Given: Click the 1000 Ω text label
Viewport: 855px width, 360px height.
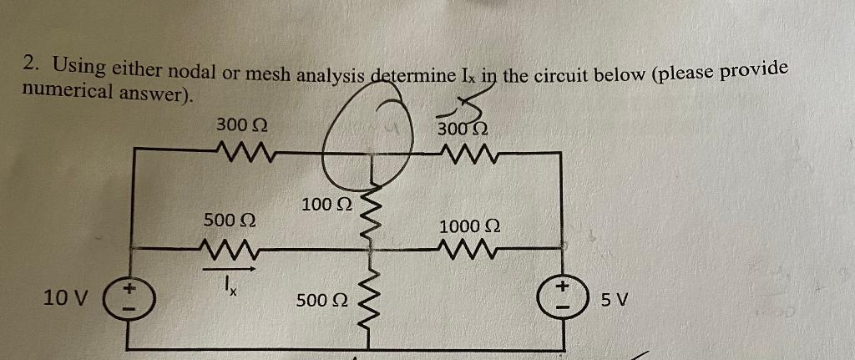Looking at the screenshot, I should [469, 226].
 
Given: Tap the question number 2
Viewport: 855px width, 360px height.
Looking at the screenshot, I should [30, 63].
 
